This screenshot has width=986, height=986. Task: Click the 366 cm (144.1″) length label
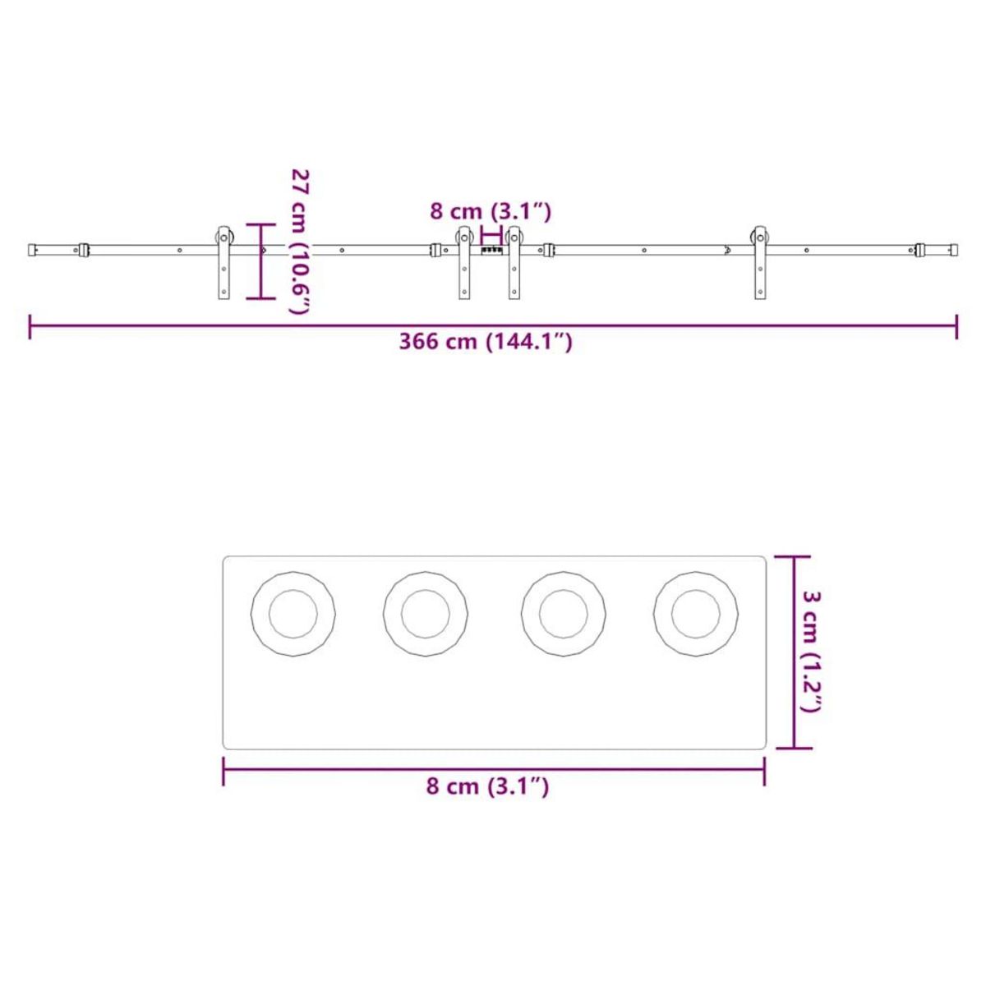[486, 342]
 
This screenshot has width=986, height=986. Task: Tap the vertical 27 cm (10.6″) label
[301, 242]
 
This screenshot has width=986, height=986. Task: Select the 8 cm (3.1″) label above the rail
[491, 211]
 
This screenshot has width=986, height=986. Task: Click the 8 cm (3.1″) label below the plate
[487, 786]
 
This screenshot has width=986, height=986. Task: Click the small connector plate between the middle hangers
[491, 249]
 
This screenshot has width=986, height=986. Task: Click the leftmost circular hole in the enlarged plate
[293, 614]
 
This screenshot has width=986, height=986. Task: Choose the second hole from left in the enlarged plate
[426, 614]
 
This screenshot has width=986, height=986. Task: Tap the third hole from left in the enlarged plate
[564, 614]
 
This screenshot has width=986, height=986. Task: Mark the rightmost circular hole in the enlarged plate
[696, 614]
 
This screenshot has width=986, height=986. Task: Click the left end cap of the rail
[33, 248]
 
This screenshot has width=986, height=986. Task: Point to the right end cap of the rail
[953, 248]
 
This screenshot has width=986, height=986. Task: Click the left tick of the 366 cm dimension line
[30, 326]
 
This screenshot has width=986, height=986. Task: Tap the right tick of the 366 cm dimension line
[956, 326]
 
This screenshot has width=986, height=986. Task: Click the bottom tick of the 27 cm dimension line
[261, 297]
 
